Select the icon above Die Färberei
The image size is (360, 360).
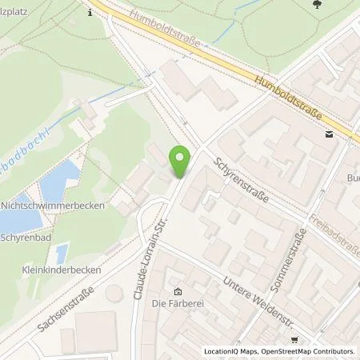[178, 291]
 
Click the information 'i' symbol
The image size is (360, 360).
[90, 12]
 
